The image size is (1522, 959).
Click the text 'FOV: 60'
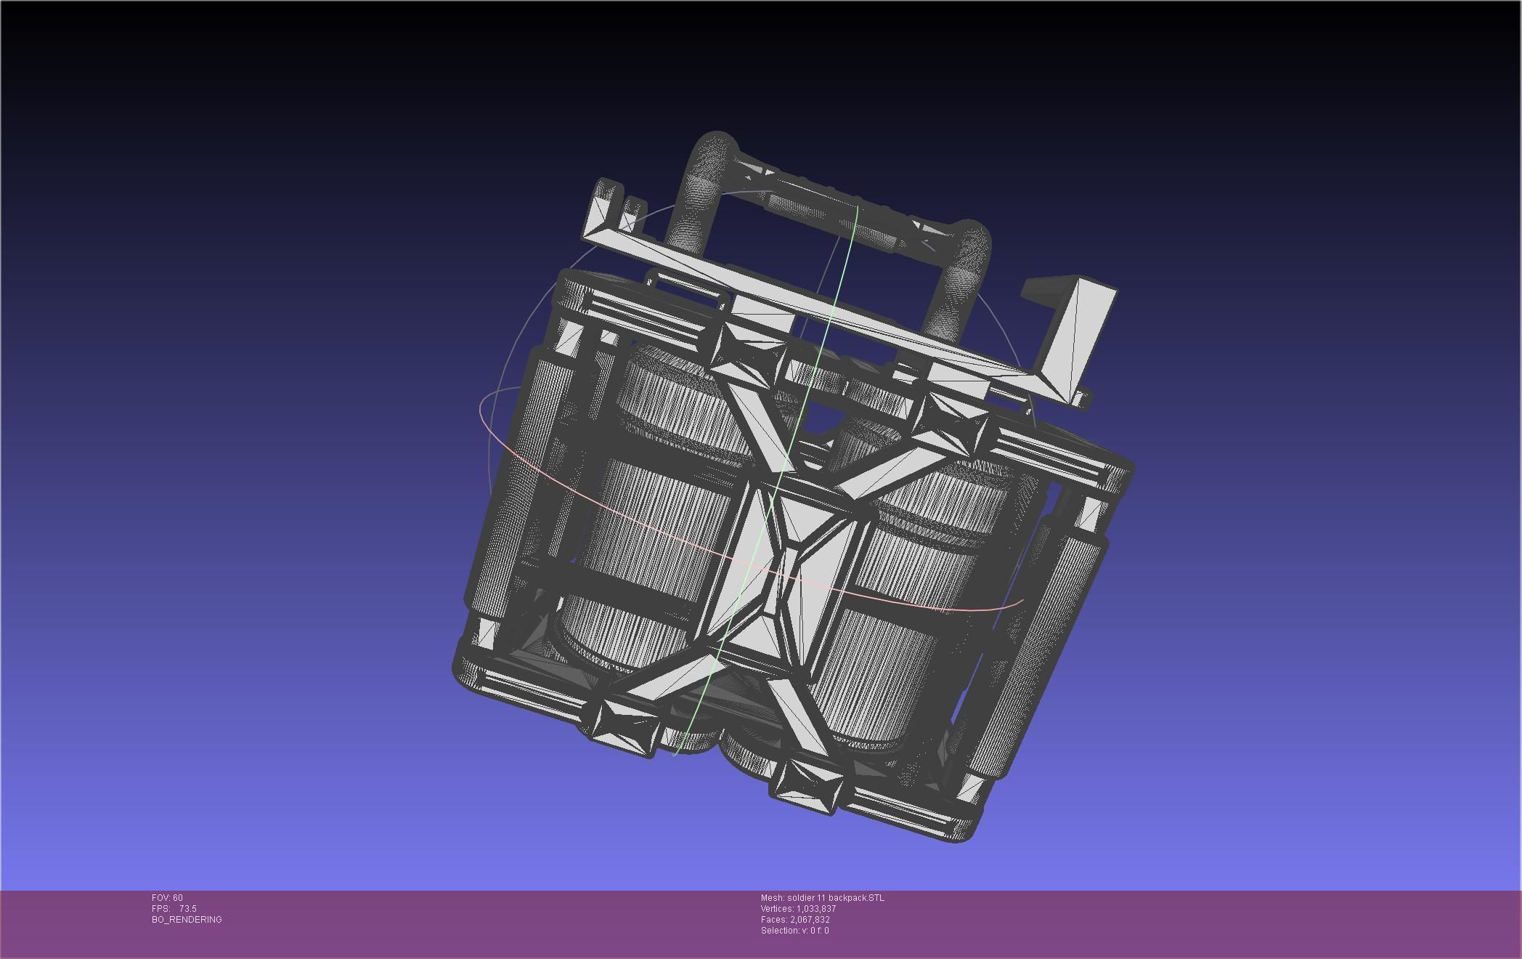[167, 898]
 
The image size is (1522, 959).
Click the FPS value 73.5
[187, 909]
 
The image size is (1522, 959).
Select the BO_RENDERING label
[187, 920]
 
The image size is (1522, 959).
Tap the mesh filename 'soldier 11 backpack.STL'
[835, 898]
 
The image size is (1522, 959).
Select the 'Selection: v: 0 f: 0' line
[794, 931]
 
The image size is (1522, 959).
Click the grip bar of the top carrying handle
[835, 207]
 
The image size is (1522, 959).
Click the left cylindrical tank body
[654, 523]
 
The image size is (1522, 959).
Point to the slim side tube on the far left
[501, 494]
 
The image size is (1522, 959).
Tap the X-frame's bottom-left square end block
[624, 719]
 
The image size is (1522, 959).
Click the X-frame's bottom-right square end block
[806, 785]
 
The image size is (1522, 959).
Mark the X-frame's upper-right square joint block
[951, 421]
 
